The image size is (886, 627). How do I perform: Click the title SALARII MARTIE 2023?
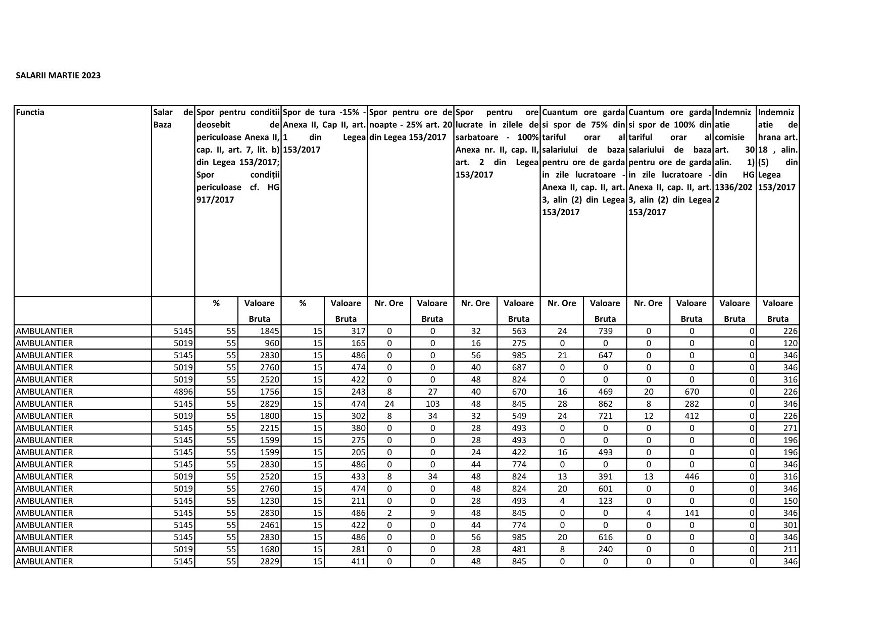pos(58,76)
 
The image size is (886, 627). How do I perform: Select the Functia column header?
pos(30,113)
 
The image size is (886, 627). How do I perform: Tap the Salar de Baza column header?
pos(173,118)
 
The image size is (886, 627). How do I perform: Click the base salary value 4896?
pos(183,392)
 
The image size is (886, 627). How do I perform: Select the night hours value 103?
pos(432,404)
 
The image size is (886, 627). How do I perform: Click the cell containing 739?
pos(605,331)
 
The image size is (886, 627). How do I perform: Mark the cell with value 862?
pos(605,404)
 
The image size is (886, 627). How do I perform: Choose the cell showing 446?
pos(692,476)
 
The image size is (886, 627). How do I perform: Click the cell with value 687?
pos(518,367)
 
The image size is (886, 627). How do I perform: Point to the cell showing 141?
pos(692,513)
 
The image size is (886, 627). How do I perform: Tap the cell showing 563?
pos(518,331)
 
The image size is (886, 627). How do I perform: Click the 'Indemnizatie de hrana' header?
pos(777,150)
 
